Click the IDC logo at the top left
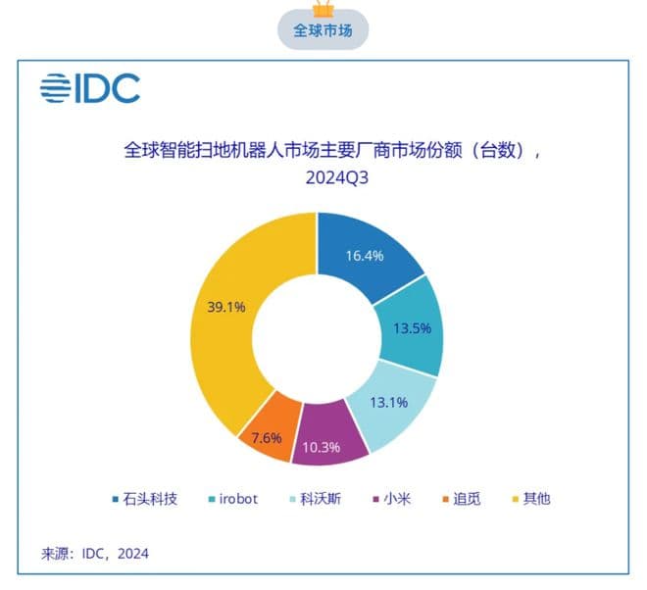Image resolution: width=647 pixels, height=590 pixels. [x=90, y=88]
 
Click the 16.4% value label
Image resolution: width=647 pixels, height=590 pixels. [x=364, y=257]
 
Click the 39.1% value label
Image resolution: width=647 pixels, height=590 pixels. [x=226, y=306]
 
